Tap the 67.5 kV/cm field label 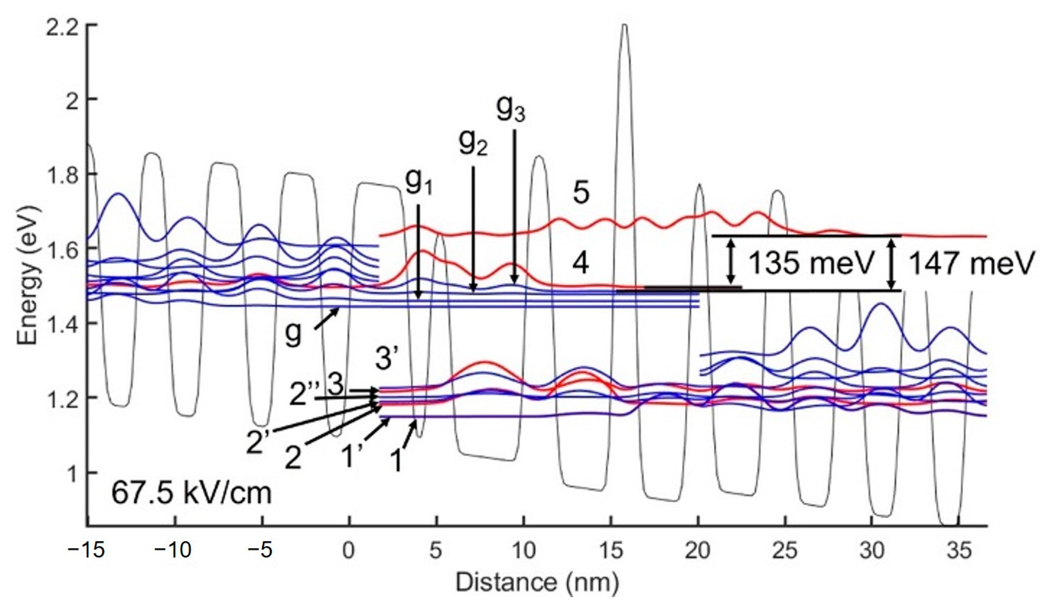pyautogui.click(x=191, y=494)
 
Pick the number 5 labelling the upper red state pyautogui.click(x=581, y=194)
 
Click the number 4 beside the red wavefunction pyautogui.click(x=580, y=264)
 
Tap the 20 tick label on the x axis pyautogui.click(x=698, y=551)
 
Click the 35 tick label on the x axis pyautogui.click(x=959, y=551)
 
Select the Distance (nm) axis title pyautogui.click(x=537, y=582)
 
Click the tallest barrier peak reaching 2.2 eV pyautogui.click(x=624, y=29)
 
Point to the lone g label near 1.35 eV pyautogui.click(x=293, y=334)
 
